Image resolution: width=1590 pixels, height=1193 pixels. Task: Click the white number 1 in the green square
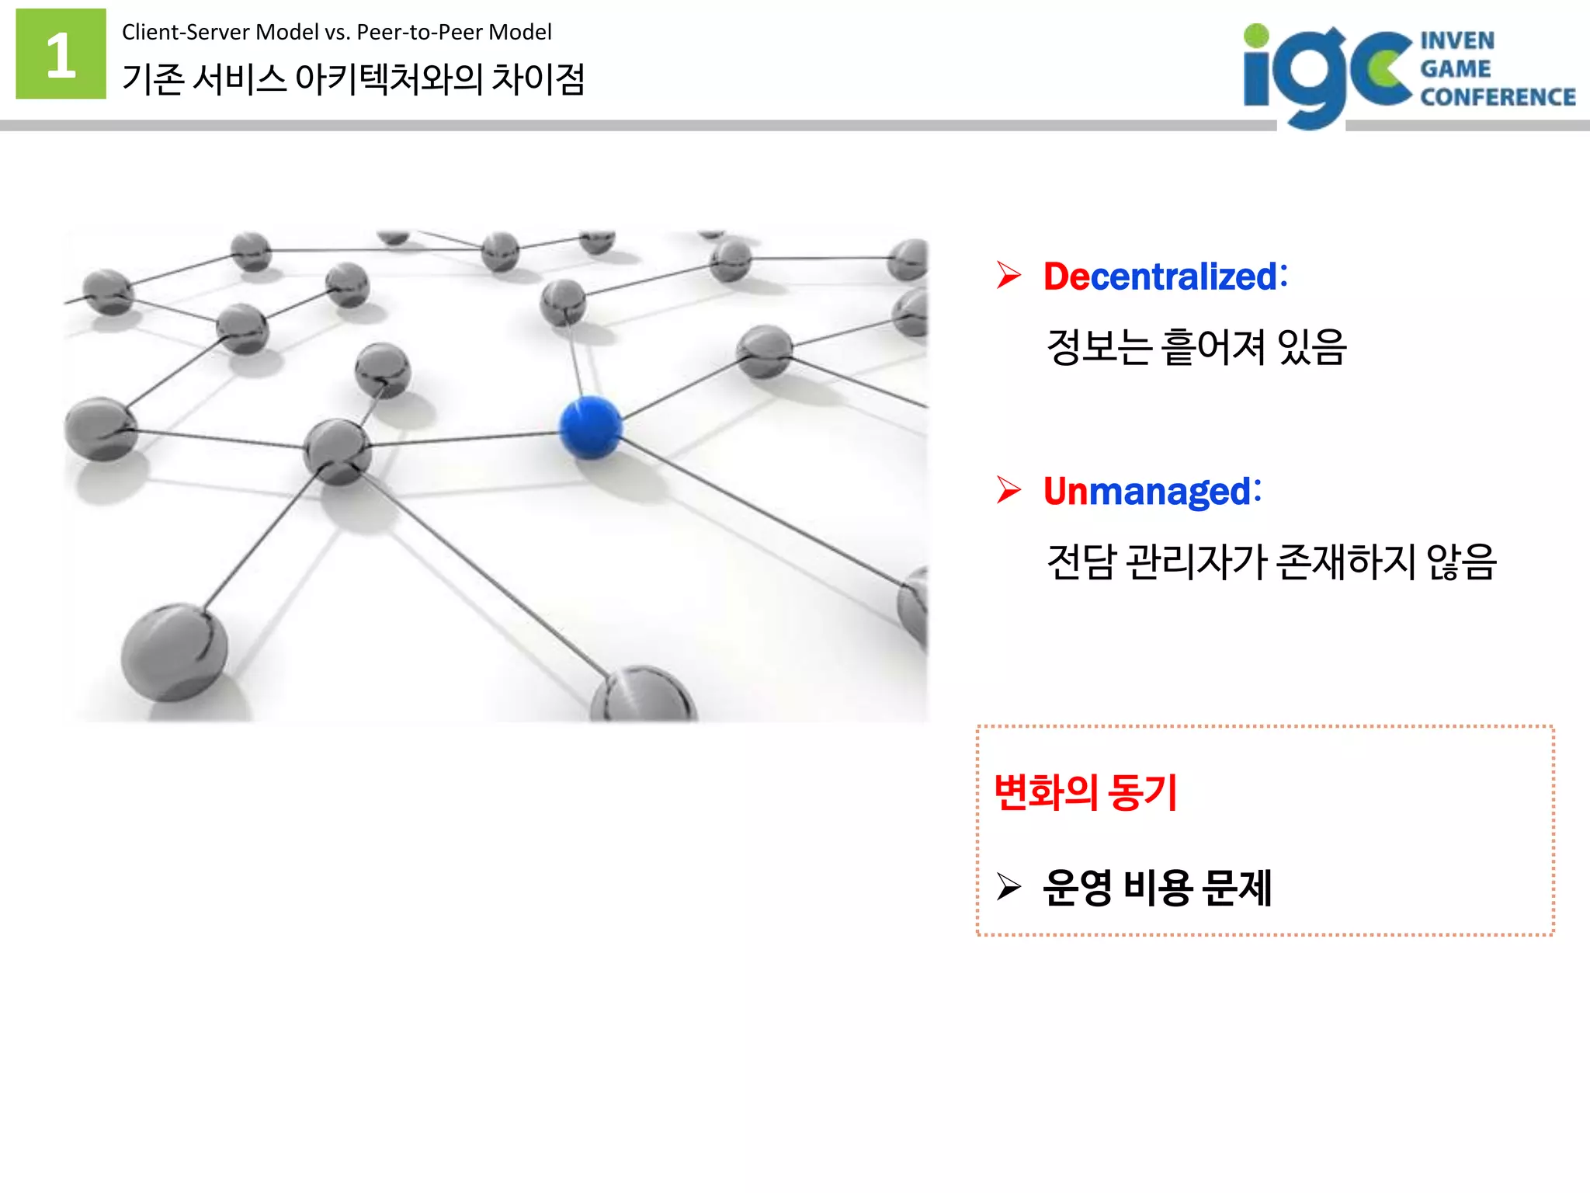click(x=61, y=54)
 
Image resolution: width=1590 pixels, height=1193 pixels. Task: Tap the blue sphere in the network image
click(x=591, y=426)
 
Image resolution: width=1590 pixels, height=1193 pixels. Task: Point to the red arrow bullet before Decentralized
click(x=1009, y=275)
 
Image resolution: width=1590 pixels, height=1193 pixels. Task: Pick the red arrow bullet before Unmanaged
click(x=1009, y=490)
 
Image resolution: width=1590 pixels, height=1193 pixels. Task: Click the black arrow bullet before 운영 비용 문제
click(x=1009, y=886)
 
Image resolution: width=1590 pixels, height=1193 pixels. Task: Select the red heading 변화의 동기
click(x=1085, y=792)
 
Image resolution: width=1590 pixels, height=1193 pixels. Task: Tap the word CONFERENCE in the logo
click(x=1498, y=97)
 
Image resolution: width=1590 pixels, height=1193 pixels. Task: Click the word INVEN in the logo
click(x=1457, y=40)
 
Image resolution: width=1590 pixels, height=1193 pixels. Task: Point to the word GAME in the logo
click(x=1455, y=69)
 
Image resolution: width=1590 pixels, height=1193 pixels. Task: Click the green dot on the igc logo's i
click(x=1255, y=35)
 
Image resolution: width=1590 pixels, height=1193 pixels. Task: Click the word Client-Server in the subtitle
click(x=186, y=32)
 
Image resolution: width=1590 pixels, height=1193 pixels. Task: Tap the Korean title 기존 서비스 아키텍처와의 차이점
click(x=353, y=79)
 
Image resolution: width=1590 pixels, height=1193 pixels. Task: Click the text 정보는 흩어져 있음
click(x=1196, y=346)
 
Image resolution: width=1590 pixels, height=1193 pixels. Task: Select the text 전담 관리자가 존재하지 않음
click(x=1271, y=562)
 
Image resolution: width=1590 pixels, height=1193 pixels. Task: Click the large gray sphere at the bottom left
click(x=174, y=652)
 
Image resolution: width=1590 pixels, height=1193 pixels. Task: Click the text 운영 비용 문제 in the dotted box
click(x=1157, y=887)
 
